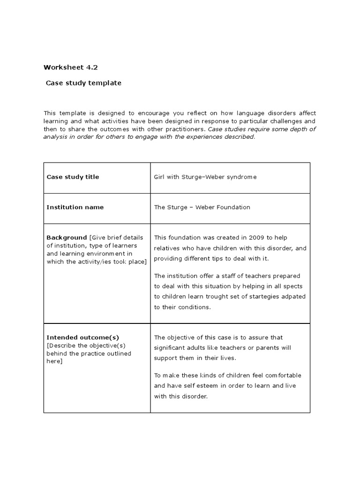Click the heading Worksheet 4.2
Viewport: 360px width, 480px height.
tap(71, 67)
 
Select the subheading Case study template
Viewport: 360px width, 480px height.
tap(83, 83)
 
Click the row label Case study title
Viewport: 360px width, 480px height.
tap(73, 177)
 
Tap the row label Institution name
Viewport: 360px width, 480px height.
tap(75, 207)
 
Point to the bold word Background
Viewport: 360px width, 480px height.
tap(67, 238)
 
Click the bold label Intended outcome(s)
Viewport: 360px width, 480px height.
tap(83, 337)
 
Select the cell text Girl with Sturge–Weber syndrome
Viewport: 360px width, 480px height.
tap(205, 177)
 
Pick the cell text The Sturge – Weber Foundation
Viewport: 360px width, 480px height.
tap(202, 207)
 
